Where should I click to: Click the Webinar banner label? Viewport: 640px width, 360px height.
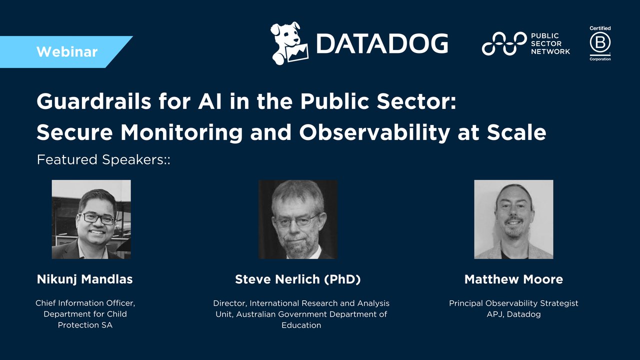pyautogui.click(x=67, y=52)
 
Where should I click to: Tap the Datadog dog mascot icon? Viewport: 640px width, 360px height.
pyautogui.click(x=288, y=43)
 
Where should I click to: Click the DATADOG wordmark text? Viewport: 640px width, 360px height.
pyautogui.click(x=381, y=44)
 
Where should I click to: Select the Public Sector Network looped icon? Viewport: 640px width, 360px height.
pyautogui.click(x=504, y=43)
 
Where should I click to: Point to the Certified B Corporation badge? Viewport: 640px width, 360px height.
pyautogui.click(x=600, y=43)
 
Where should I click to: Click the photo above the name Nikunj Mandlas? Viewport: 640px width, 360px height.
pyautogui.click(x=91, y=219)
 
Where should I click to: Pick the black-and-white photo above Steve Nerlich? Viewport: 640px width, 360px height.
pyautogui.click(x=297, y=219)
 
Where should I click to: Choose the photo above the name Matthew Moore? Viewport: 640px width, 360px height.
pyautogui.click(x=513, y=219)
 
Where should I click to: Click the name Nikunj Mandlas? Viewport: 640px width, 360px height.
pyautogui.click(x=85, y=279)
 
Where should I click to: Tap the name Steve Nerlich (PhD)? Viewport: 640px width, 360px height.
pyautogui.click(x=298, y=279)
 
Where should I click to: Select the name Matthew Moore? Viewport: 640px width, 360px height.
pyautogui.click(x=513, y=279)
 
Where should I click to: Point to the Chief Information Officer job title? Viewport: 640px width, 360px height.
pyautogui.click(x=85, y=303)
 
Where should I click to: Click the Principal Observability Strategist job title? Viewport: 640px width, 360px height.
pyautogui.click(x=513, y=303)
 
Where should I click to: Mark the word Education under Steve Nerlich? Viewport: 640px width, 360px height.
pyautogui.click(x=301, y=325)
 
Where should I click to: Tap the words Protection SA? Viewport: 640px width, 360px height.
pyautogui.click(x=85, y=325)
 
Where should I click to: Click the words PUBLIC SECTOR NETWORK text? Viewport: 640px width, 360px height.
pyautogui.click(x=550, y=43)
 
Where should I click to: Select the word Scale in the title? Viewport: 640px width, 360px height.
pyautogui.click(x=520, y=132)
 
